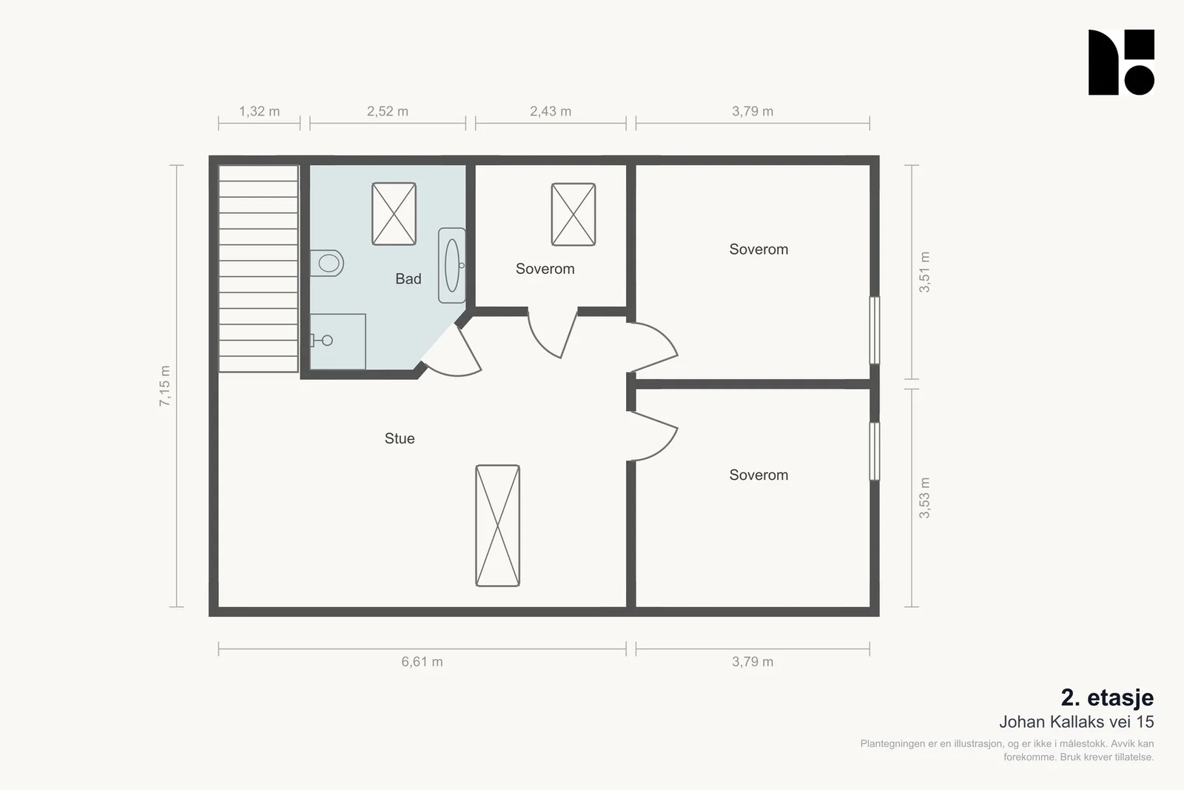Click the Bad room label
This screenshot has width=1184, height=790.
pyautogui.click(x=408, y=278)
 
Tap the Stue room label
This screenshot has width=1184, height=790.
pyautogui.click(x=400, y=438)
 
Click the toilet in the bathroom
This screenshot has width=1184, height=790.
pyautogui.click(x=326, y=263)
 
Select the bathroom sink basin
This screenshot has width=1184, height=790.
pyautogui.click(x=452, y=266)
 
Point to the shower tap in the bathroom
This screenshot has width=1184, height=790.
pyautogui.click(x=321, y=341)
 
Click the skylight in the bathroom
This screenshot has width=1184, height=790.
pyautogui.click(x=394, y=214)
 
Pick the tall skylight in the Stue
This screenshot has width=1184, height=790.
pyautogui.click(x=497, y=526)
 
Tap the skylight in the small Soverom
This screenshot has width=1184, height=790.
pyautogui.click(x=573, y=214)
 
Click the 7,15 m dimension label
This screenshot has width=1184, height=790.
pyautogui.click(x=165, y=386)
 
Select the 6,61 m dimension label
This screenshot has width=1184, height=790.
pyautogui.click(x=422, y=661)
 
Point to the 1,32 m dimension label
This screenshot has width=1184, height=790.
pyautogui.click(x=259, y=111)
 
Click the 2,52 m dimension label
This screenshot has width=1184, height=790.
pyautogui.click(x=388, y=111)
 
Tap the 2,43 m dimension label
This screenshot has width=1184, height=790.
pyautogui.click(x=551, y=111)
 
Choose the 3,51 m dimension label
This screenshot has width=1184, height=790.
pyautogui.click(x=924, y=272)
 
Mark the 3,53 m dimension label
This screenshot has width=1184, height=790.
pyautogui.click(x=924, y=498)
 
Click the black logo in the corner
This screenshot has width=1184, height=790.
pyautogui.click(x=1121, y=62)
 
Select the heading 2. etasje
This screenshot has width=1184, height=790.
pyautogui.click(x=1107, y=697)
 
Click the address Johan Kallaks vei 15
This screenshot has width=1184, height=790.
pyautogui.click(x=1076, y=722)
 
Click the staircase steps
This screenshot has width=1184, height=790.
pyautogui.click(x=258, y=269)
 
